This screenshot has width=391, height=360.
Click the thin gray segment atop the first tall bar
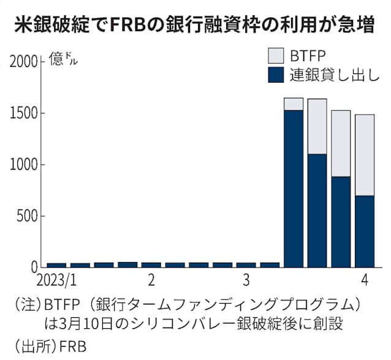[293, 103]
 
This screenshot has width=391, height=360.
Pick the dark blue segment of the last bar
[365, 231]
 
